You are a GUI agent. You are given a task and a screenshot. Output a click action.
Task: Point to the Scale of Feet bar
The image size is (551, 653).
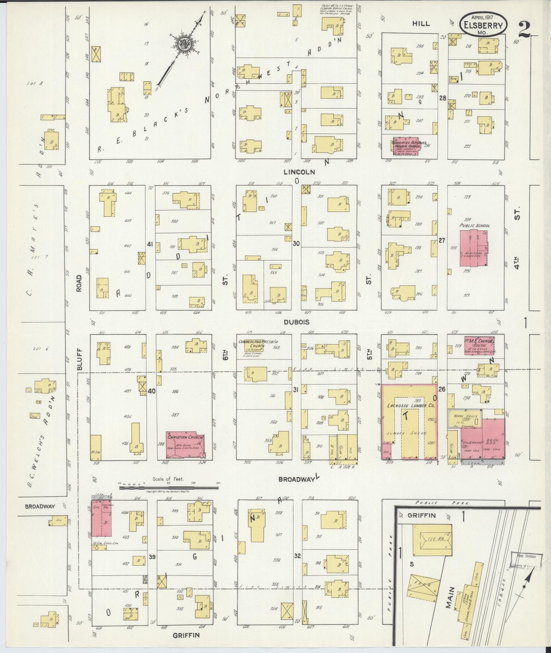[x=169, y=488]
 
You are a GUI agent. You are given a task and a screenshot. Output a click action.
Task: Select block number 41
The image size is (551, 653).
[x=150, y=244]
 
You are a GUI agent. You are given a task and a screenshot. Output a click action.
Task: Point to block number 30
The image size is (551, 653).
[x=296, y=244]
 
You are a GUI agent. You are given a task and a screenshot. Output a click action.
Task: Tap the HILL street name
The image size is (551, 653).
[x=421, y=23]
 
